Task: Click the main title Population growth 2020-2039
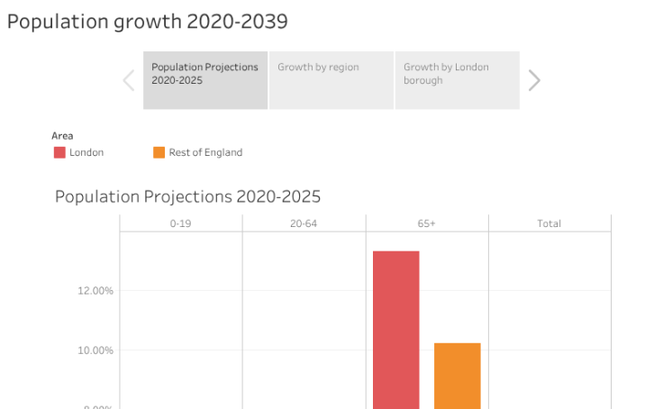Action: pos(147,21)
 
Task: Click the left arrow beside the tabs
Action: pos(129,80)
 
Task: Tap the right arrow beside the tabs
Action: pos(534,80)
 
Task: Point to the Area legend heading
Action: pos(62,135)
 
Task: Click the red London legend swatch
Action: pos(59,153)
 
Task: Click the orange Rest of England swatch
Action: pos(159,153)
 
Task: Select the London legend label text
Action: pos(86,153)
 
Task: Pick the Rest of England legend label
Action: pos(205,153)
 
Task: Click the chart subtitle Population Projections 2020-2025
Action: pos(187,196)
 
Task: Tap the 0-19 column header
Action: pos(180,223)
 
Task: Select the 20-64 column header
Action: pos(304,223)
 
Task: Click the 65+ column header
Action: pos(427,223)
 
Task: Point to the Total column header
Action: pos(549,223)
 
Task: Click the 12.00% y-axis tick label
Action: pos(95,291)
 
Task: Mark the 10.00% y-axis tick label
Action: pos(95,350)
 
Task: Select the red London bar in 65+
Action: pos(396,329)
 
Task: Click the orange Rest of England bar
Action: pos(457,375)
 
